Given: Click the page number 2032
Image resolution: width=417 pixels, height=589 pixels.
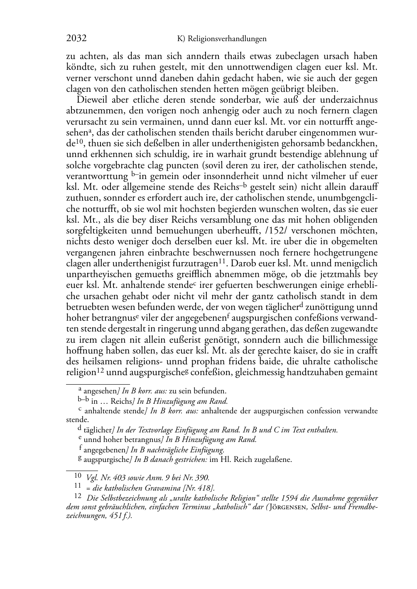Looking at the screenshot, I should [76, 39].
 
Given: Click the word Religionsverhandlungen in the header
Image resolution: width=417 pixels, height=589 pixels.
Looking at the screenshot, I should [227, 39].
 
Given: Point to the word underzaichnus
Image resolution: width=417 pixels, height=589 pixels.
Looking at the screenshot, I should [351, 100].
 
